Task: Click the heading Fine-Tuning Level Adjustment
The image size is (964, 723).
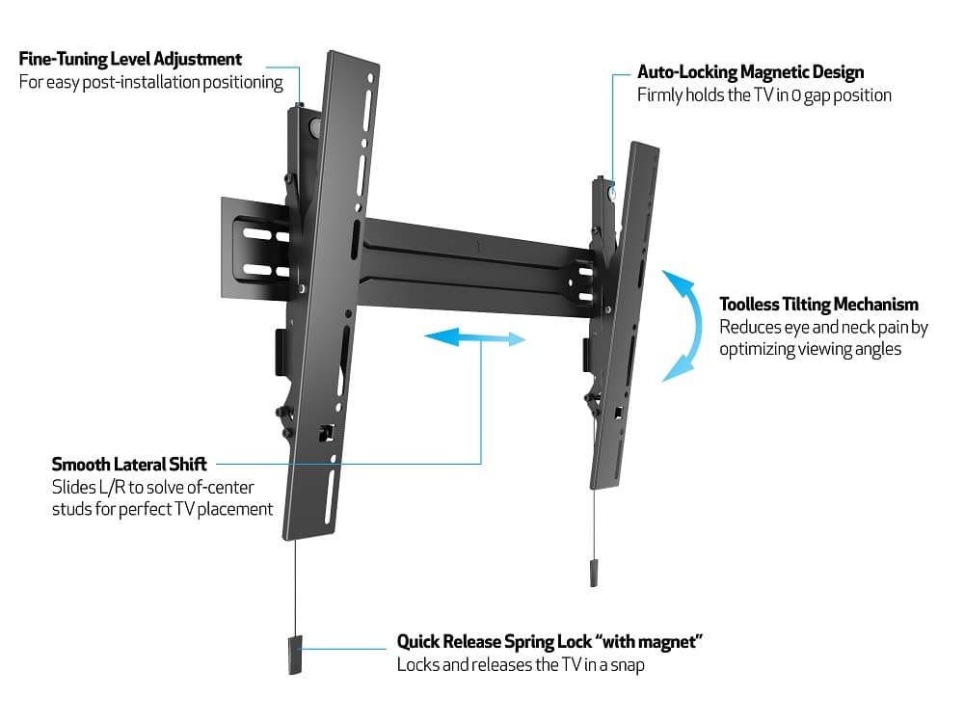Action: tap(130, 59)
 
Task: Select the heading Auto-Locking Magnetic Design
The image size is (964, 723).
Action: tap(751, 72)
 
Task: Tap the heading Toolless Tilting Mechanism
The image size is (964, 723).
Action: tap(818, 305)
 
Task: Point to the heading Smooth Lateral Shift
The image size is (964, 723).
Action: tap(129, 465)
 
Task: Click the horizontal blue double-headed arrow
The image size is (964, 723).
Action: tap(475, 338)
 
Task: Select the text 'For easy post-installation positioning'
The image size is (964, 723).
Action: tap(151, 82)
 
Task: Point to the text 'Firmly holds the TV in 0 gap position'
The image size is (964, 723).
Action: tap(763, 95)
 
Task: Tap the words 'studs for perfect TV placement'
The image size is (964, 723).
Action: tap(162, 509)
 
